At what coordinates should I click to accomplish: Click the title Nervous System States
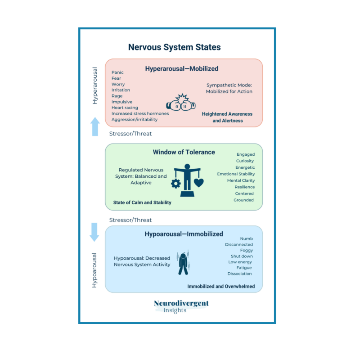tap(174, 47)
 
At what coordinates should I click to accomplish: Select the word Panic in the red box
tap(117, 72)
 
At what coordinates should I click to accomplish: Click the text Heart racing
tap(125, 108)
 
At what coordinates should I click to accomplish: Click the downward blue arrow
tap(94, 232)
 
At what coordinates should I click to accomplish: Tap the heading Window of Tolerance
tap(184, 152)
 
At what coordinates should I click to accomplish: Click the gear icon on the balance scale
tap(175, 184)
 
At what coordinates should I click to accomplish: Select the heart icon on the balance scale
tap(198, 183)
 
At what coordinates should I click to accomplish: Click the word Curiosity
tap(245, 161)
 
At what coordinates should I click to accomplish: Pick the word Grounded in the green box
tap(243, 200)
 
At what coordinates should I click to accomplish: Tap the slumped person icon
tap(184, 264)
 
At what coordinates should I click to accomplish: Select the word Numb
tap(246, 238)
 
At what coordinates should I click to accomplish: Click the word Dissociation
tap(239, 274)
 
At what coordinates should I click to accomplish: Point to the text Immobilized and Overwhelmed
tap(221, 286)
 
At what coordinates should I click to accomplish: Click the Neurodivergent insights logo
tap(181, 306)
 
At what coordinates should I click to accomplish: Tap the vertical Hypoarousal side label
tap(94, 270)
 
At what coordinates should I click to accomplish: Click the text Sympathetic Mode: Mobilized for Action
tap(229, 88)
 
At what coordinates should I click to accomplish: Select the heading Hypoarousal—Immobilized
tap(184, 234)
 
